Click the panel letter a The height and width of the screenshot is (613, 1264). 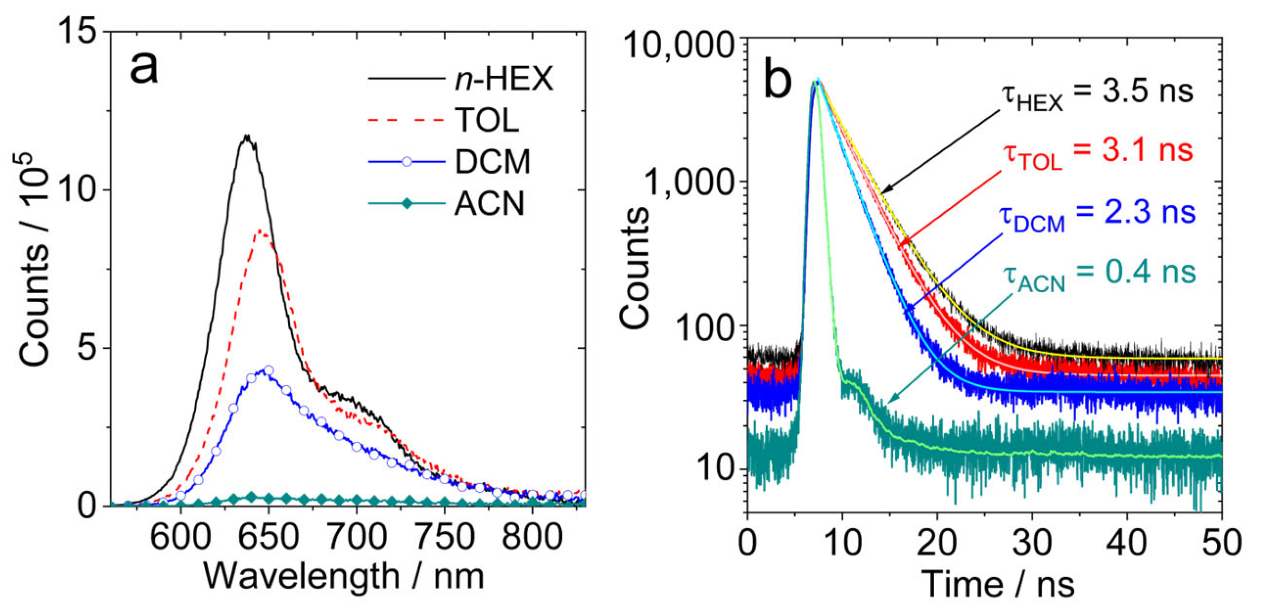click(x=144, y=68)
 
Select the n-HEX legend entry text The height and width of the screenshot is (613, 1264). click(x=504, y=79)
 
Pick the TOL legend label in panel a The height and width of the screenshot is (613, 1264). click(x=486, y=120)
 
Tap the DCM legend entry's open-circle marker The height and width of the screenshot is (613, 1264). click(x=407, y=162)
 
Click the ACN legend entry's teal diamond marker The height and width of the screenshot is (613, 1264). click(x=407, y=203)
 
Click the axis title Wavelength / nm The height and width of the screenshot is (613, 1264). click(x=344, y=576)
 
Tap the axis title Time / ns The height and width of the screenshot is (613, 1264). click(x=997, y=584)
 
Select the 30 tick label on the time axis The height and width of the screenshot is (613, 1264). click(x=1032, y=542)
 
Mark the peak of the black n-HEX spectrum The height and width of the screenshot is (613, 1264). click(x=247, y=137)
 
